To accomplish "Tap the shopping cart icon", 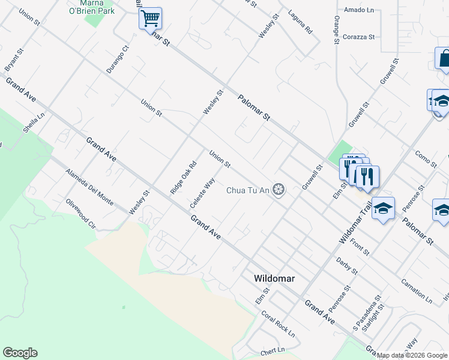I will click(x=150, y=17).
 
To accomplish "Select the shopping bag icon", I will click(x=444, y=59).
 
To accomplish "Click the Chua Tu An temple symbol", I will click(x=278, y=190).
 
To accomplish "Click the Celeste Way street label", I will click(x=203, y=193).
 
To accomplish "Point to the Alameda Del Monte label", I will click(x=89, y=187).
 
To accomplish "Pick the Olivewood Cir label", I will click(x=81, y=214).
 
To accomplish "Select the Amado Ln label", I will click(x=359, y=10).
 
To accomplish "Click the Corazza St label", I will click(x=359, y=37).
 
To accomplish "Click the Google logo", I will click(x=20, y=353).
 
